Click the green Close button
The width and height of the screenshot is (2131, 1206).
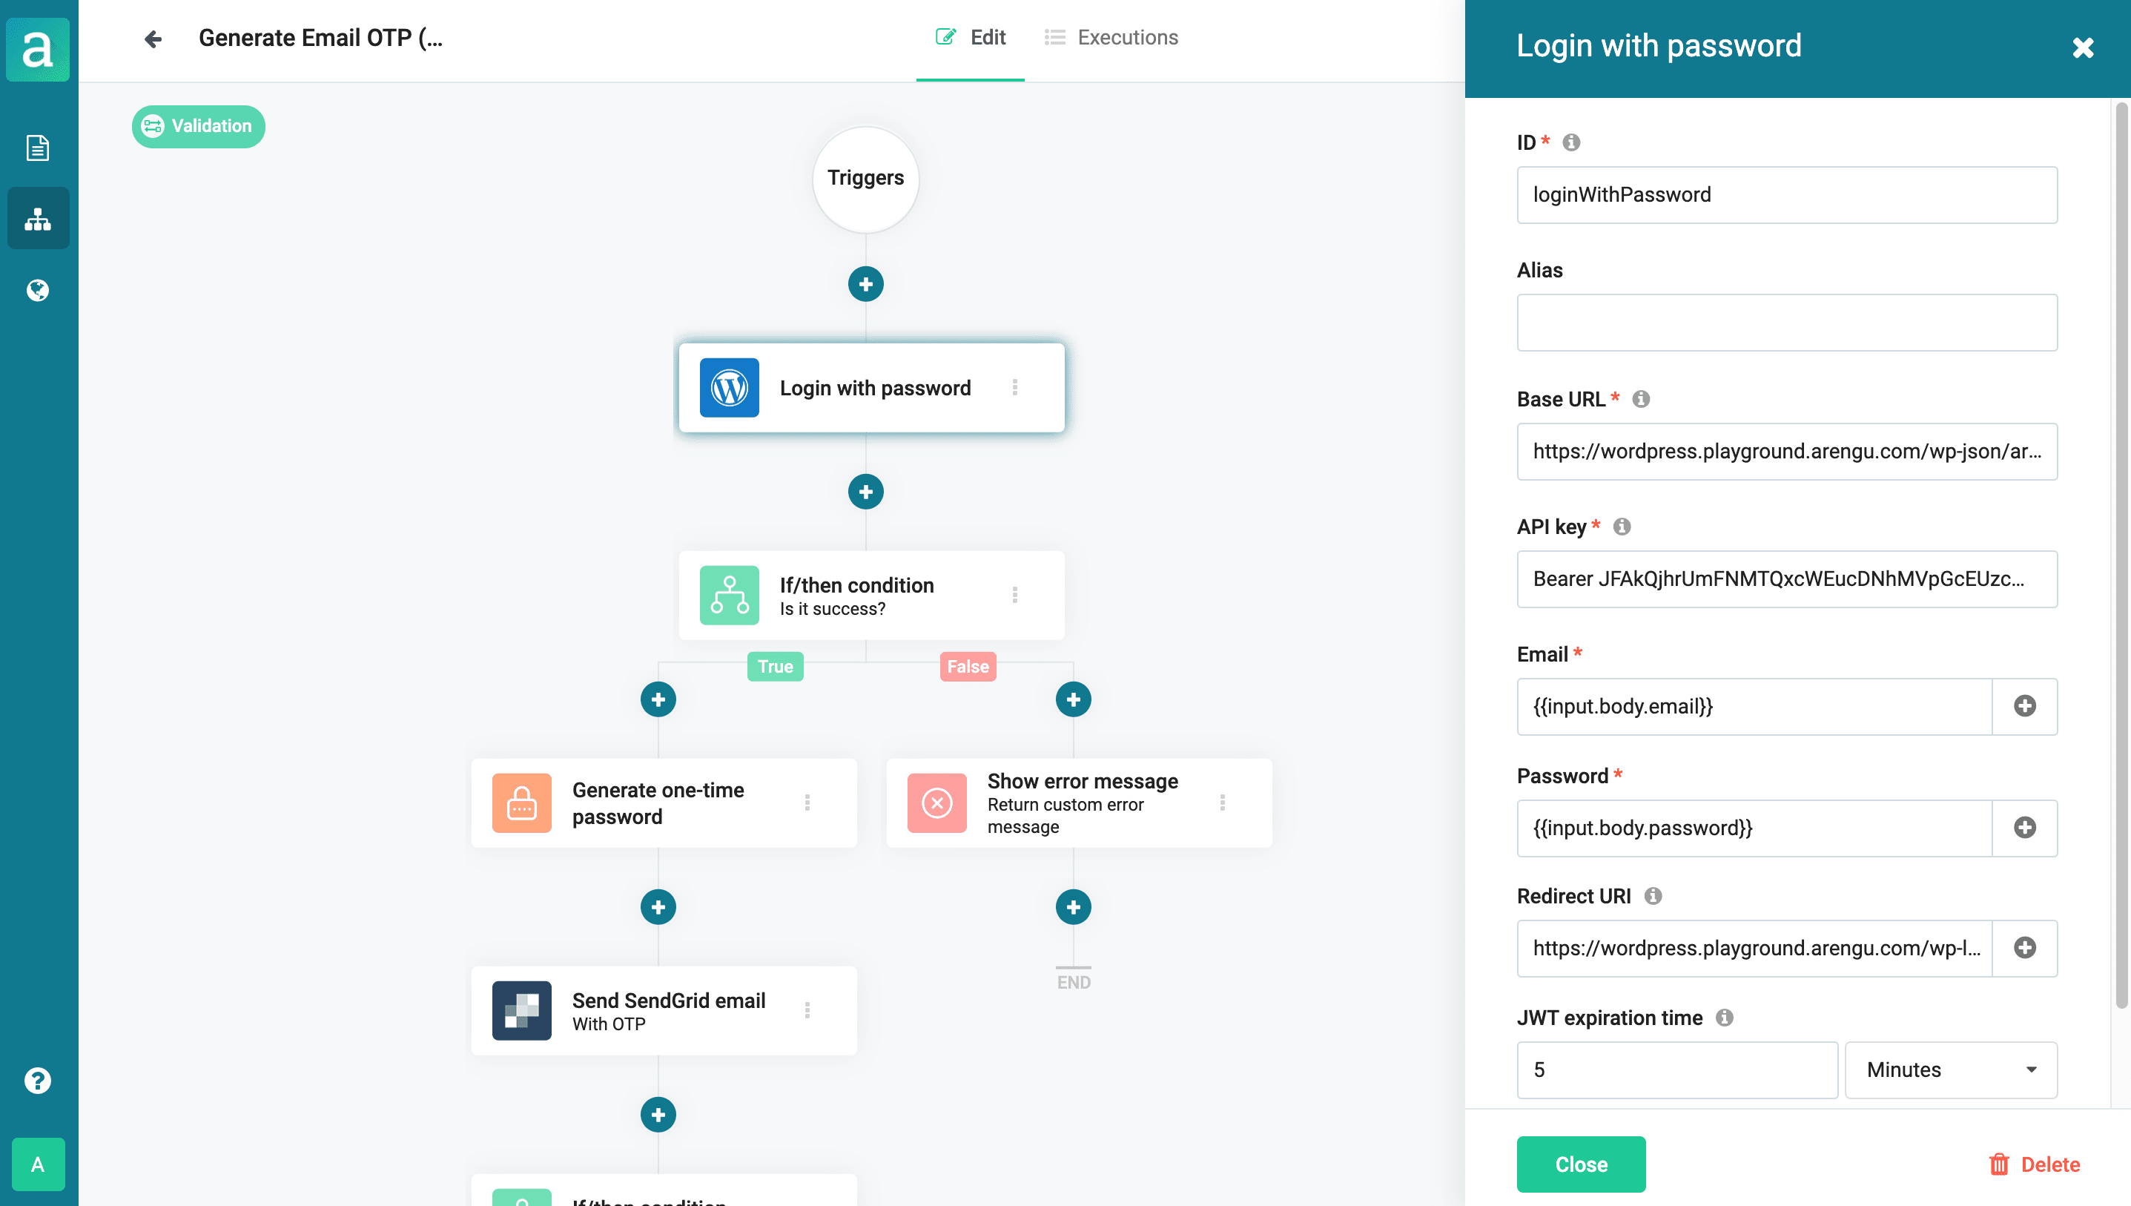point(1580,1164)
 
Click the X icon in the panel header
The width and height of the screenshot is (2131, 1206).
point(2083,47)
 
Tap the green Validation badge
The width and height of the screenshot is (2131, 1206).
point(199,126)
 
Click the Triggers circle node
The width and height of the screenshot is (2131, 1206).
point(865,178)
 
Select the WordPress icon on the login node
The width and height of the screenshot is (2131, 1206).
point(729,388)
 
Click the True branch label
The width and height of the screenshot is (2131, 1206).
point(775,666)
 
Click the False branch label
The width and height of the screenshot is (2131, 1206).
point(968,666)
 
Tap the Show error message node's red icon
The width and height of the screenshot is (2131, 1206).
point(936,803)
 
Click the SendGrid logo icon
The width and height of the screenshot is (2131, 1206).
point(521,1010)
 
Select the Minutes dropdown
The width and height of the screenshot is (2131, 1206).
point(1951,1070)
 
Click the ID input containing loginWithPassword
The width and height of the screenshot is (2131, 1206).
point(1787,194)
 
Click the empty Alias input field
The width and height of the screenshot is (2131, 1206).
point(1787,322)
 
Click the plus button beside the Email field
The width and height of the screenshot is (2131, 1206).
point(2024,705)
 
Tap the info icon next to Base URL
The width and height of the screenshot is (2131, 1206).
point(1641,399)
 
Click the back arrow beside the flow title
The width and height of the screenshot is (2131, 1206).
point(152,39)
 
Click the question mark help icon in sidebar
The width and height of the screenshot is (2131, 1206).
point(37,1080)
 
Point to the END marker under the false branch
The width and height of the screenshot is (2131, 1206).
point(1073,981)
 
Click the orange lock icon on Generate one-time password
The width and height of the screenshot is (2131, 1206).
point(521,803)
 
